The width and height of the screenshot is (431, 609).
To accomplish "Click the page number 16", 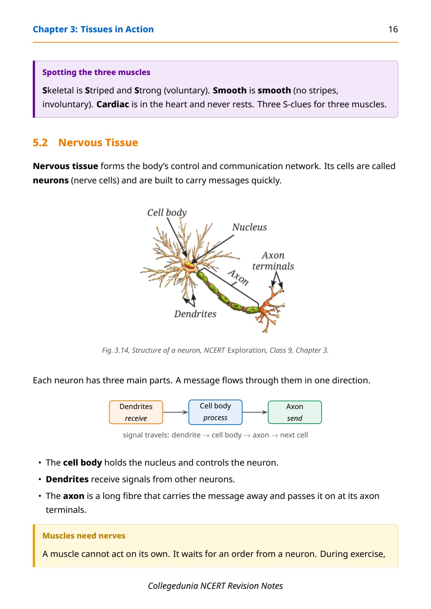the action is point(393,29).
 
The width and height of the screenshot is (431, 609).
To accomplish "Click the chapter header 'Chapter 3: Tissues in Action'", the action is point(93,30).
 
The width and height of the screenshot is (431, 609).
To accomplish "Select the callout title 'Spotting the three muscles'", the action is point(96,72).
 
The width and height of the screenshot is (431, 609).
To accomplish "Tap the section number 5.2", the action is point(40,143).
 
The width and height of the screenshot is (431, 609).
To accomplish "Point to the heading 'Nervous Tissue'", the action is point(98,143).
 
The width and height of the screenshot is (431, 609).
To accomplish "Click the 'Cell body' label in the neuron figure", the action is point(167,212).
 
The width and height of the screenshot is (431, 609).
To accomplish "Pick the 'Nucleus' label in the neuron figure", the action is point(250,227).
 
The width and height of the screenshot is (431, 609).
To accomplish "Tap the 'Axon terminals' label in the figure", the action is point(273,261).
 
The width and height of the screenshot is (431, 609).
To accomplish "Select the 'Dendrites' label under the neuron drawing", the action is point(195,314).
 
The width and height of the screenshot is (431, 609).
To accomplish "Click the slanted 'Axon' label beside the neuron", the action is point(238,277).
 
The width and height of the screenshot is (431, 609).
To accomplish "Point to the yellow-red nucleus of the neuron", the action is point(189,266).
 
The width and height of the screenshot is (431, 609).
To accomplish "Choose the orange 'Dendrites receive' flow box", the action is point(136,412).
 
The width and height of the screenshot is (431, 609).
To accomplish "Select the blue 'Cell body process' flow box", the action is point(215,412).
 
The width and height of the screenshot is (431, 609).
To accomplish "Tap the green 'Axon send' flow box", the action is point(295,412).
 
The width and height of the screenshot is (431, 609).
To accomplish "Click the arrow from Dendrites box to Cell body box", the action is point(176,412).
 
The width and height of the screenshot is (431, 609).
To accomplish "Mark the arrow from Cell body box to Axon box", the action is point(255,412).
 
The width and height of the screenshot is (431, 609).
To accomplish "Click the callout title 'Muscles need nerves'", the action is point(84,536).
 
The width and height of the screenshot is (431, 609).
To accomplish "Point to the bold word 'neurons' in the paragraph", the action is point(51,181).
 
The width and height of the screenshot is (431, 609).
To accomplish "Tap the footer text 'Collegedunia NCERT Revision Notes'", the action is point(215,586).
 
